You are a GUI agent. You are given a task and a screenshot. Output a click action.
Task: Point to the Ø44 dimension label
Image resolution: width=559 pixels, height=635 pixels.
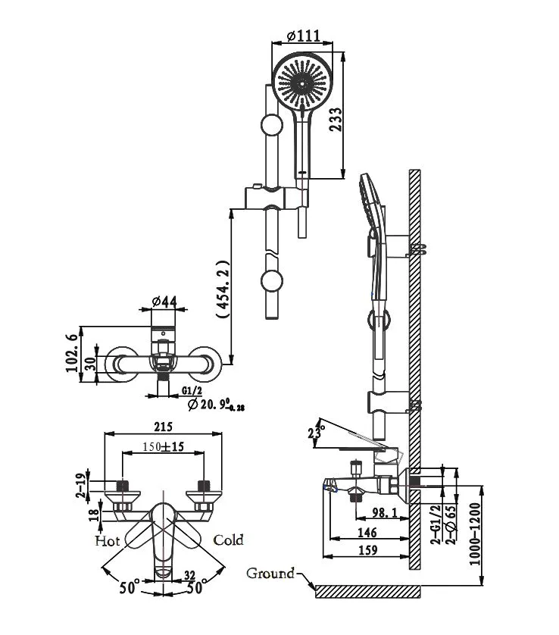(164, 302)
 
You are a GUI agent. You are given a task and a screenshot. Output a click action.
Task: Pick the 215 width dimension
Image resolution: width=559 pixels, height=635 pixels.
(164, 427)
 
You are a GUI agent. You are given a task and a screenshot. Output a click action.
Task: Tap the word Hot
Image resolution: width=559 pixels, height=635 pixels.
(107, 541)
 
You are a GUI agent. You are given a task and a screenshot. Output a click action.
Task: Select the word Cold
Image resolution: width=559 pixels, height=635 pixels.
(228, 540)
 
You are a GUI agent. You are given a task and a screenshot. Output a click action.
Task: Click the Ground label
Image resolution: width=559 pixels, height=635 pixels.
(270, 573)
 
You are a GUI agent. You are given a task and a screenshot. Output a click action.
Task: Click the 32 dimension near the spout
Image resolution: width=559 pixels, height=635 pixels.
(190, 574)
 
